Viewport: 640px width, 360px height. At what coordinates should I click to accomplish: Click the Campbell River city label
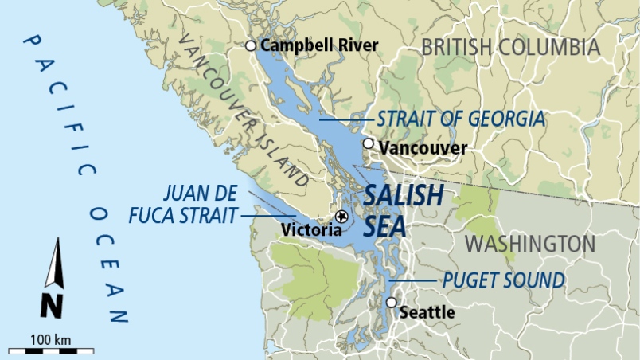pos(318,45)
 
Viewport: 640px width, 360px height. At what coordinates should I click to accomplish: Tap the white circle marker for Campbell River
pos(251,46)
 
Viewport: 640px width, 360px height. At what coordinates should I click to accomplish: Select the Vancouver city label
pos(423,148)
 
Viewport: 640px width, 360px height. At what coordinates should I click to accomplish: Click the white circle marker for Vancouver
pos(368,144)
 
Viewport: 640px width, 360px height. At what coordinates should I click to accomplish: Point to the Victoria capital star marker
pos(341,216)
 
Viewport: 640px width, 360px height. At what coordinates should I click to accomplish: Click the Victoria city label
pos(312,229)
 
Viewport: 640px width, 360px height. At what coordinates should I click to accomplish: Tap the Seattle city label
pos(426,312)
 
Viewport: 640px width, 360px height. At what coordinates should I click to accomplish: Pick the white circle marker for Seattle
pos(391,303)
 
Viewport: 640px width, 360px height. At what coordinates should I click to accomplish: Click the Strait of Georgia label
pos(461,119)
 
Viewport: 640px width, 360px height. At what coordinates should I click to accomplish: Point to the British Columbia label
pos(510,47)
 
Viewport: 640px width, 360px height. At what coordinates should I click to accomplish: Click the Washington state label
pos(529,244)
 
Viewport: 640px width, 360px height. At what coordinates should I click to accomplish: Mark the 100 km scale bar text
pos(51,340)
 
